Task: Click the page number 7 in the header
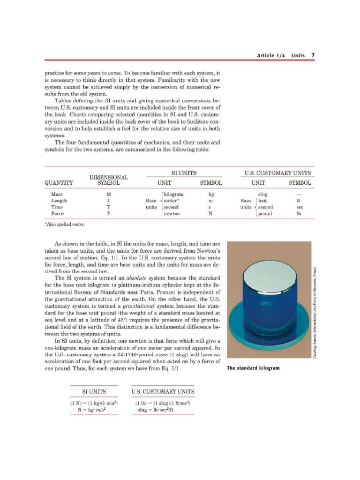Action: (x=313, y=55)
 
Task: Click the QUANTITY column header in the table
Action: (x=59, y=183)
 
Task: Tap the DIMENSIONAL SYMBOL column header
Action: (x=109, y=180)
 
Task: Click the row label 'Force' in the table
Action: (x=58, y=214)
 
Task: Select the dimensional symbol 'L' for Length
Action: (x=109, y=201)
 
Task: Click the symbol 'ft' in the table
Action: (x=299, y=201)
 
